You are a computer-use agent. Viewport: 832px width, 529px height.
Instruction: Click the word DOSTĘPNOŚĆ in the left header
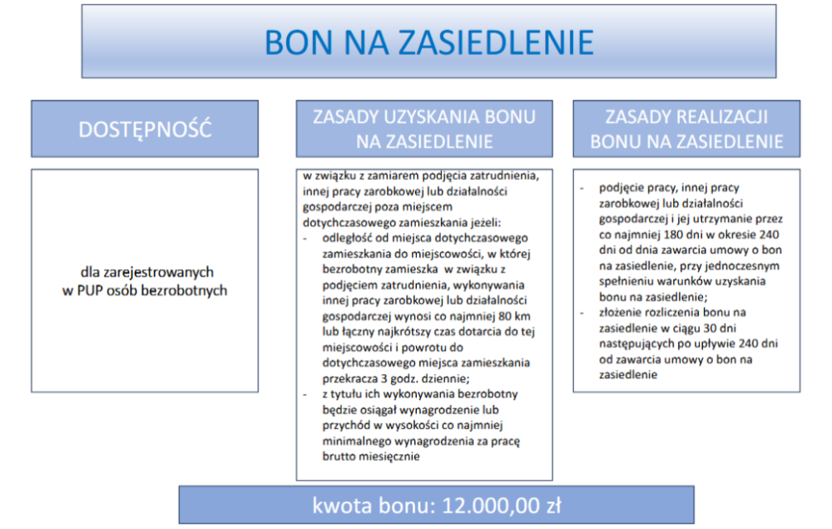(x=145, y=129)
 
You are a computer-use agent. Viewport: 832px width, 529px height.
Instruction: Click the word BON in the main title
(x=299, y=42)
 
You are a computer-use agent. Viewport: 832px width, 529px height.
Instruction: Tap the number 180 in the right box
(x=675, y=235)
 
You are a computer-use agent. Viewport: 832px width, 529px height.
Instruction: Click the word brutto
(x=339, y=457)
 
